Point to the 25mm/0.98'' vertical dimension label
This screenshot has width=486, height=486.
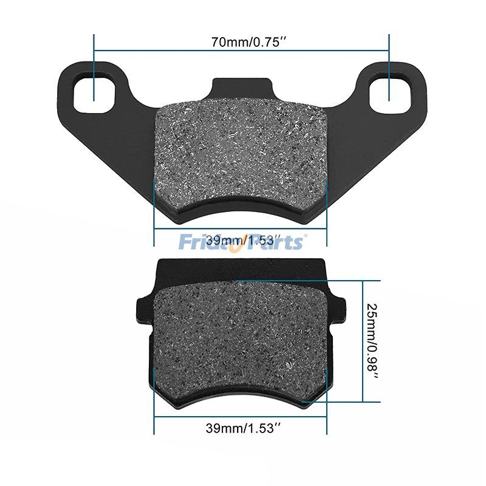click(x=372, y=341)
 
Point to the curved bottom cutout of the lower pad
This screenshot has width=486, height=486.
click(x=242, y=398)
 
